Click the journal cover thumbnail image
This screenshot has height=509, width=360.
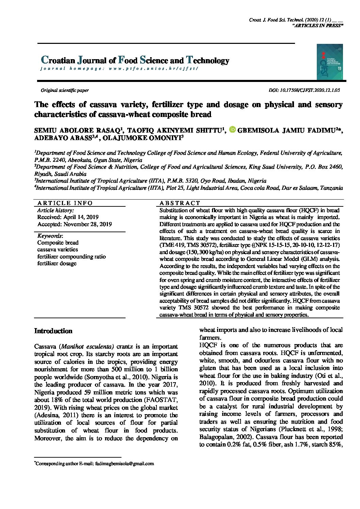point(329,62)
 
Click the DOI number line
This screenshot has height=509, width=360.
point(304,90)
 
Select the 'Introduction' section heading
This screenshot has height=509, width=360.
point(53,331)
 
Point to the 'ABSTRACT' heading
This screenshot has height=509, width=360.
point(180,203)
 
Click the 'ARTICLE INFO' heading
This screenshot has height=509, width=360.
point(65,203)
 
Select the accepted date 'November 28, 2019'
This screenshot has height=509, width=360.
point(87,224)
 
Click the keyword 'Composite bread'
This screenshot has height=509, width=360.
point(58,243)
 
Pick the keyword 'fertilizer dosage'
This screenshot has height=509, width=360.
point(57,264)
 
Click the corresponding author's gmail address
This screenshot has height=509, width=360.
point(125,463)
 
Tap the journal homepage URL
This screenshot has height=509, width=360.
point(153,69)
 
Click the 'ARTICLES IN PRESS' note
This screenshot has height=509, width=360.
point(318,26)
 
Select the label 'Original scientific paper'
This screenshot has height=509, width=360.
point(65,90)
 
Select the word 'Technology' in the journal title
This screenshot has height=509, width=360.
point(208,61)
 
